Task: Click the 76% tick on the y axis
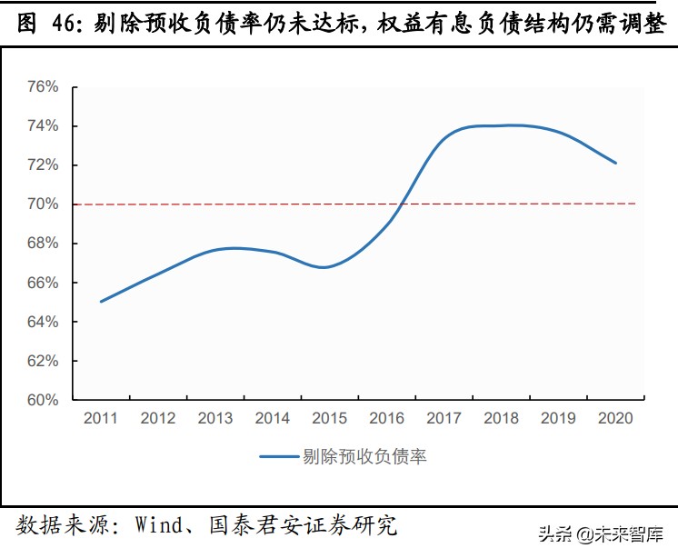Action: (x=43, y=87)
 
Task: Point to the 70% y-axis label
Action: (x=43, y=204)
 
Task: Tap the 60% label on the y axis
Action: (x=43, y=400)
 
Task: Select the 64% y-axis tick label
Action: (x=43, y=322)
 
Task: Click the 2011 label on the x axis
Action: (x=101, y=418)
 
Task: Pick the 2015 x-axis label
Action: (x=330, y=418)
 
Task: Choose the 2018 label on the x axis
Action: (x=501, y=418)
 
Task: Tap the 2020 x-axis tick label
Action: (x=615, y=418)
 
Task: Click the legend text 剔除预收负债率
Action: (x=364, y=457)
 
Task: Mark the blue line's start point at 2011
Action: (x=101, y=301)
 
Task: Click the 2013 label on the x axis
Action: (x=215, y=418)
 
